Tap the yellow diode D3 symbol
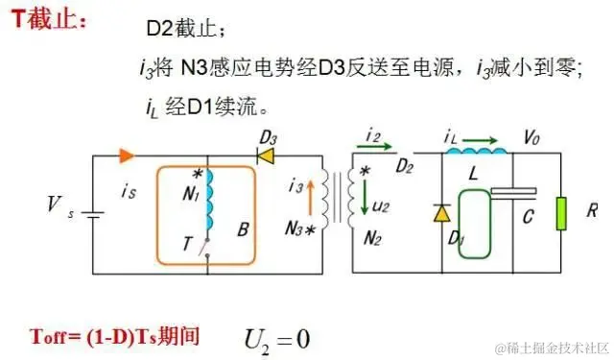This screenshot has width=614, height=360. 266,154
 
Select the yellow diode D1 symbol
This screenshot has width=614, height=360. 440,213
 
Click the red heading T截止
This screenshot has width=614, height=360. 49,20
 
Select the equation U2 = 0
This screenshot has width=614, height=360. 275,337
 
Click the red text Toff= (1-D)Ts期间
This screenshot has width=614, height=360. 114,337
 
